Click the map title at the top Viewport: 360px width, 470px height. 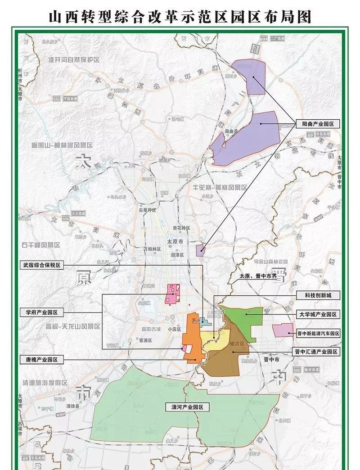(180, 17)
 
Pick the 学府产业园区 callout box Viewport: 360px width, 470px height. (43, 312)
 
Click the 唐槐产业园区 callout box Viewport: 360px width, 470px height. (43, 360)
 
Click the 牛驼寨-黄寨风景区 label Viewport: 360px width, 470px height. (219, 187)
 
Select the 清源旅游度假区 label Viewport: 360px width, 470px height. (45, 383)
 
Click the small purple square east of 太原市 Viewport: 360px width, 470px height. (200, 250)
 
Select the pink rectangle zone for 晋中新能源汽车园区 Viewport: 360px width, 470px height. (283, 330)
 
